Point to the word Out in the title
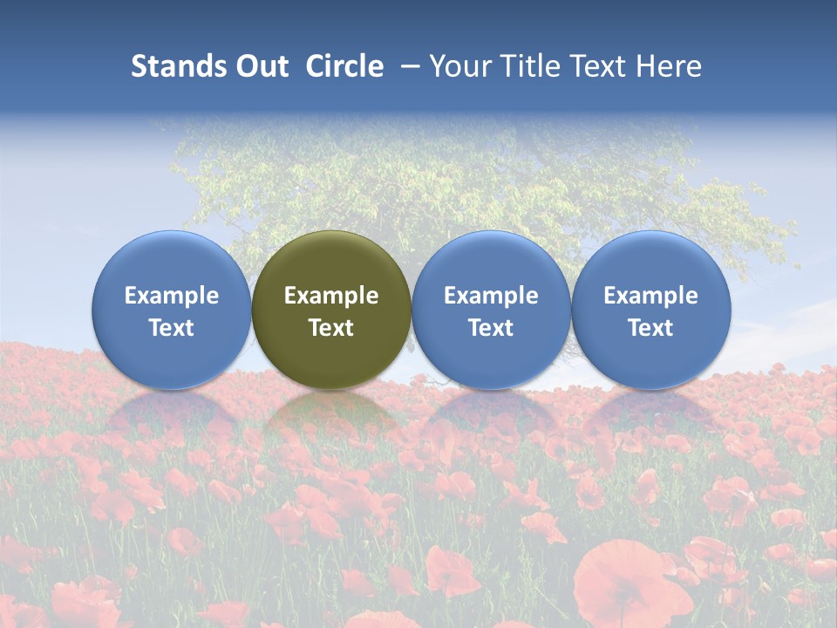[x=260, y=66]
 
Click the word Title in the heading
[x=530, y=66]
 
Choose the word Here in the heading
[x=669, y=66]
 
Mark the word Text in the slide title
[x=599, y=66]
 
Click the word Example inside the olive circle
[x=331, y=296]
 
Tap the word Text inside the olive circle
[x=331, y=328]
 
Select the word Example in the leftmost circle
[x=171, y=296]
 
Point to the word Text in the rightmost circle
[x=650, y=328]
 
